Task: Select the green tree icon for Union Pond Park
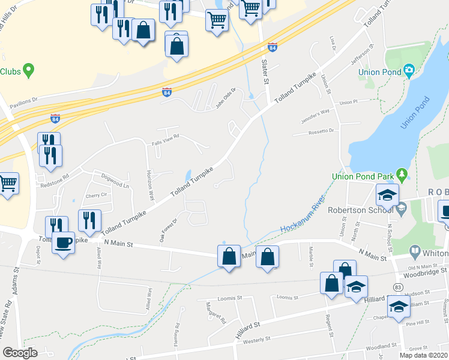point(403,175)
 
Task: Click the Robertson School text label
point(360,210)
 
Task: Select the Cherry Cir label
point(96,196)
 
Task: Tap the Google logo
point(20,353)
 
